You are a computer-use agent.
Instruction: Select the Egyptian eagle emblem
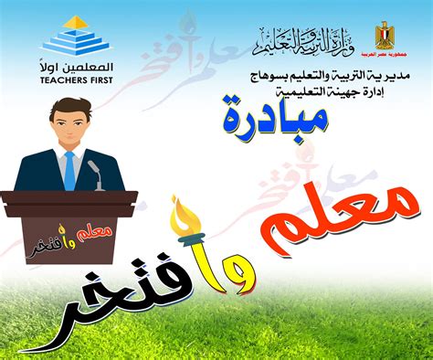coord(384,37)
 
